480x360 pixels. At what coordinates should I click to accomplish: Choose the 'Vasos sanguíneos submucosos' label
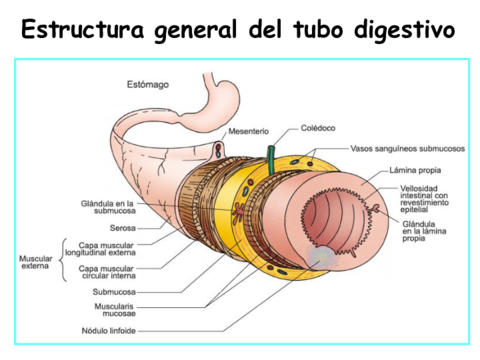(x=405, y=148)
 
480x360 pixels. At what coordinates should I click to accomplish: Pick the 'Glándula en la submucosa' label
(x=107, y=207)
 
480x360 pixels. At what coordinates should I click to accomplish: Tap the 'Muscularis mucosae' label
(x=111, y=309)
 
